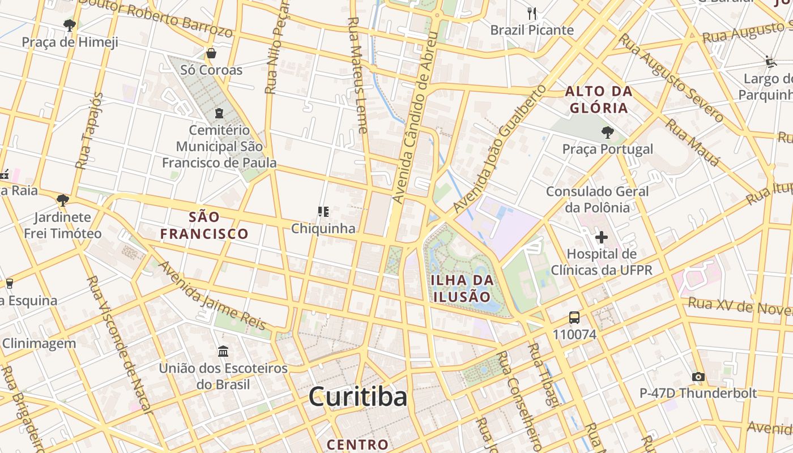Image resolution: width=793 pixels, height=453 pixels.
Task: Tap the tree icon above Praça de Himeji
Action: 70,25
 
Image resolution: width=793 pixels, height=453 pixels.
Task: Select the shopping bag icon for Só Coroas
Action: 211,53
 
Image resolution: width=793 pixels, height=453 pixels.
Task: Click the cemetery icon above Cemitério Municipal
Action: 219,113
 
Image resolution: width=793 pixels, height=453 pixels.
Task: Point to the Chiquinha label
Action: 323,228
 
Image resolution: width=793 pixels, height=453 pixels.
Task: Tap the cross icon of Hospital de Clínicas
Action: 601,237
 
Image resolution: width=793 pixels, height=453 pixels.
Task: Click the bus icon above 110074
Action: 574,318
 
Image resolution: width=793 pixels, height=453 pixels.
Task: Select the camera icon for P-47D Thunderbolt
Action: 698,377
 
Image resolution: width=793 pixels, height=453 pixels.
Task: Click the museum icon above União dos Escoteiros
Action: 223,352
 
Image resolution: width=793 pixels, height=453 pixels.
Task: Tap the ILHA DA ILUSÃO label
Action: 462,288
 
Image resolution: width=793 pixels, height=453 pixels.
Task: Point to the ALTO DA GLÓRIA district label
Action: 599,99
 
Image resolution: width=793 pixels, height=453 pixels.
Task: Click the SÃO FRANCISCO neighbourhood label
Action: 204,225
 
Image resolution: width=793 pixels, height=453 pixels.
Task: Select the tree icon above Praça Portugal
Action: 607,133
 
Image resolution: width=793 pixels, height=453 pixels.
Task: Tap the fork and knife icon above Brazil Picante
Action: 531,13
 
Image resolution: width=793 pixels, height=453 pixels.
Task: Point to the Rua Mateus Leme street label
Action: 357,74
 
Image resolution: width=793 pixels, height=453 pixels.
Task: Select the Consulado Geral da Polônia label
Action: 597,199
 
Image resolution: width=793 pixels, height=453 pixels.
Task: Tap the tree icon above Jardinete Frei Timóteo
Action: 62,200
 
